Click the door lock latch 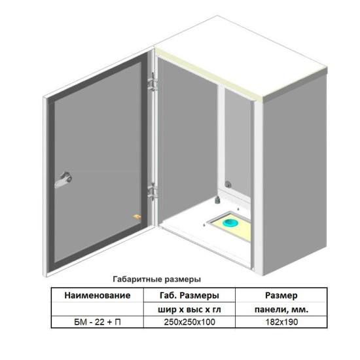point(63,179)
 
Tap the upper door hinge point(153,83)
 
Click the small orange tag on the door point(137,216)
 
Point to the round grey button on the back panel point(228,184)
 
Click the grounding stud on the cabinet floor point(217,200)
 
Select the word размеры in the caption point(183,279)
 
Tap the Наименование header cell point(98,295)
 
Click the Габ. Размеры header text point(189,295)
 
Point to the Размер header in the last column point(281,295)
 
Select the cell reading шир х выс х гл point(189,310)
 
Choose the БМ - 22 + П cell point(98,322)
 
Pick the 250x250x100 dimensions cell point(189,322)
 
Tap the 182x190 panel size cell point(281,322)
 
